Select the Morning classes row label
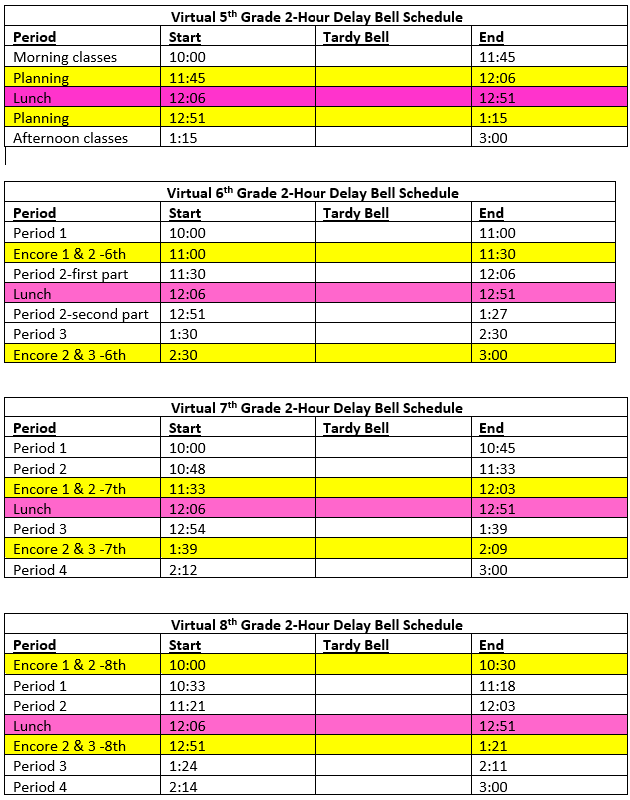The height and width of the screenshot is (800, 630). tap(65, 57)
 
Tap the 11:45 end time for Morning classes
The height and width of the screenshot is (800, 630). tap(497, 57)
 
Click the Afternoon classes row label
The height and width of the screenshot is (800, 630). tap(70, 138)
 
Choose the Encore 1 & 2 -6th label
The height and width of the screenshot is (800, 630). tap(69, 254)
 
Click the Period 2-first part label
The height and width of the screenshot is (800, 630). tap(70, 274)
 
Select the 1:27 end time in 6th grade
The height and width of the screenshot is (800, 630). tap(492, 314)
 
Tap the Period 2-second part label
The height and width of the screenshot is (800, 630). tap(80, 314)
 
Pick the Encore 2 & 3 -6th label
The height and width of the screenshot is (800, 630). tap(69, 354)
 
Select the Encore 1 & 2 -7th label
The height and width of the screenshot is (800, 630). tap(69, 489)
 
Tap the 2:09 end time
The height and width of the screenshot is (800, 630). tap(492, 549)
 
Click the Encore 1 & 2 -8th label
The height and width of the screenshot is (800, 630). tap(69, 665)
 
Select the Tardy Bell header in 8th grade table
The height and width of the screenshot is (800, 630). tap(356, 645)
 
